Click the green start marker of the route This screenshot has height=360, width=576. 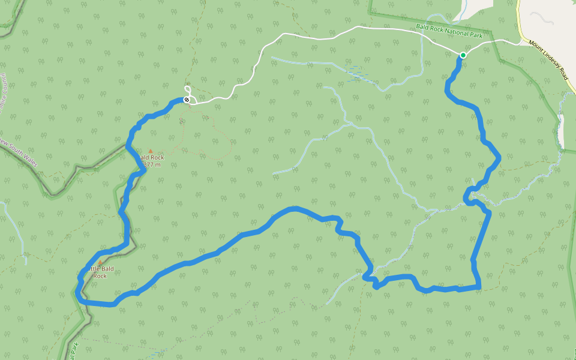(x=463, y=55)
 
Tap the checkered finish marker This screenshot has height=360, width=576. (x=187, y=100)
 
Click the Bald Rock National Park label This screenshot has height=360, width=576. (x=449, y=31)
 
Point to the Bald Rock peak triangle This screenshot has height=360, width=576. (x=151, y=151)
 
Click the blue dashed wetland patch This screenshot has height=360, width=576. (x=358, y=71)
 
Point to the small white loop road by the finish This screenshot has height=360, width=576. (x=187, y=90)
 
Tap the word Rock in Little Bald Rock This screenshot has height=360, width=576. (x=100, y=276)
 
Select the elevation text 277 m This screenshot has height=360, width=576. (x=152, y=164)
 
